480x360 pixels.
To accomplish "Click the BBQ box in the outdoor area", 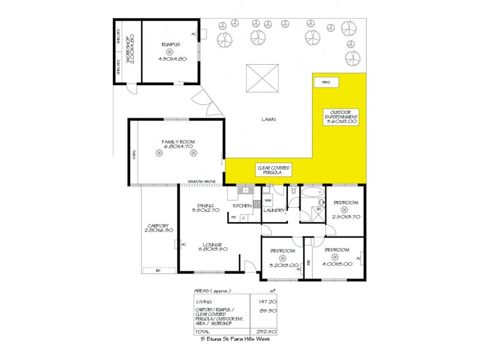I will click(x=326, y=82).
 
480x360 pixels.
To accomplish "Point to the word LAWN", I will click(x=268, y=119).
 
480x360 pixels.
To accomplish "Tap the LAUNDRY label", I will click(x=272, y=211).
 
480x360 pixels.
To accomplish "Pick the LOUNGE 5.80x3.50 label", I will click(x=212, y=248).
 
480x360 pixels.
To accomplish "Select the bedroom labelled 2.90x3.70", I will click(x=345, y=211).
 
